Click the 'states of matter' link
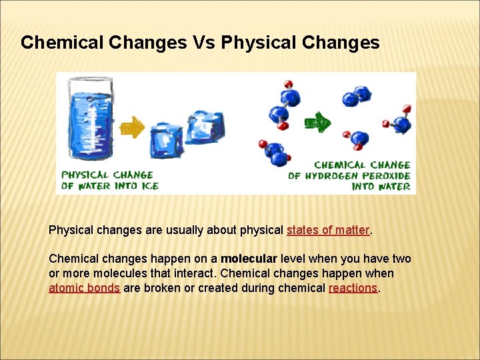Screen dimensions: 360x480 tap(327, 230)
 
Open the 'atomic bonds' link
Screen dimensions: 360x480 tap(84, 288)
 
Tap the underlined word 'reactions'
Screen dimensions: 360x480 tap(353, 288)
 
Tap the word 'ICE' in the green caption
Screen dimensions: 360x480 tap(151, 186)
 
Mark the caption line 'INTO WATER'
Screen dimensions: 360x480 tap(381, 187)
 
